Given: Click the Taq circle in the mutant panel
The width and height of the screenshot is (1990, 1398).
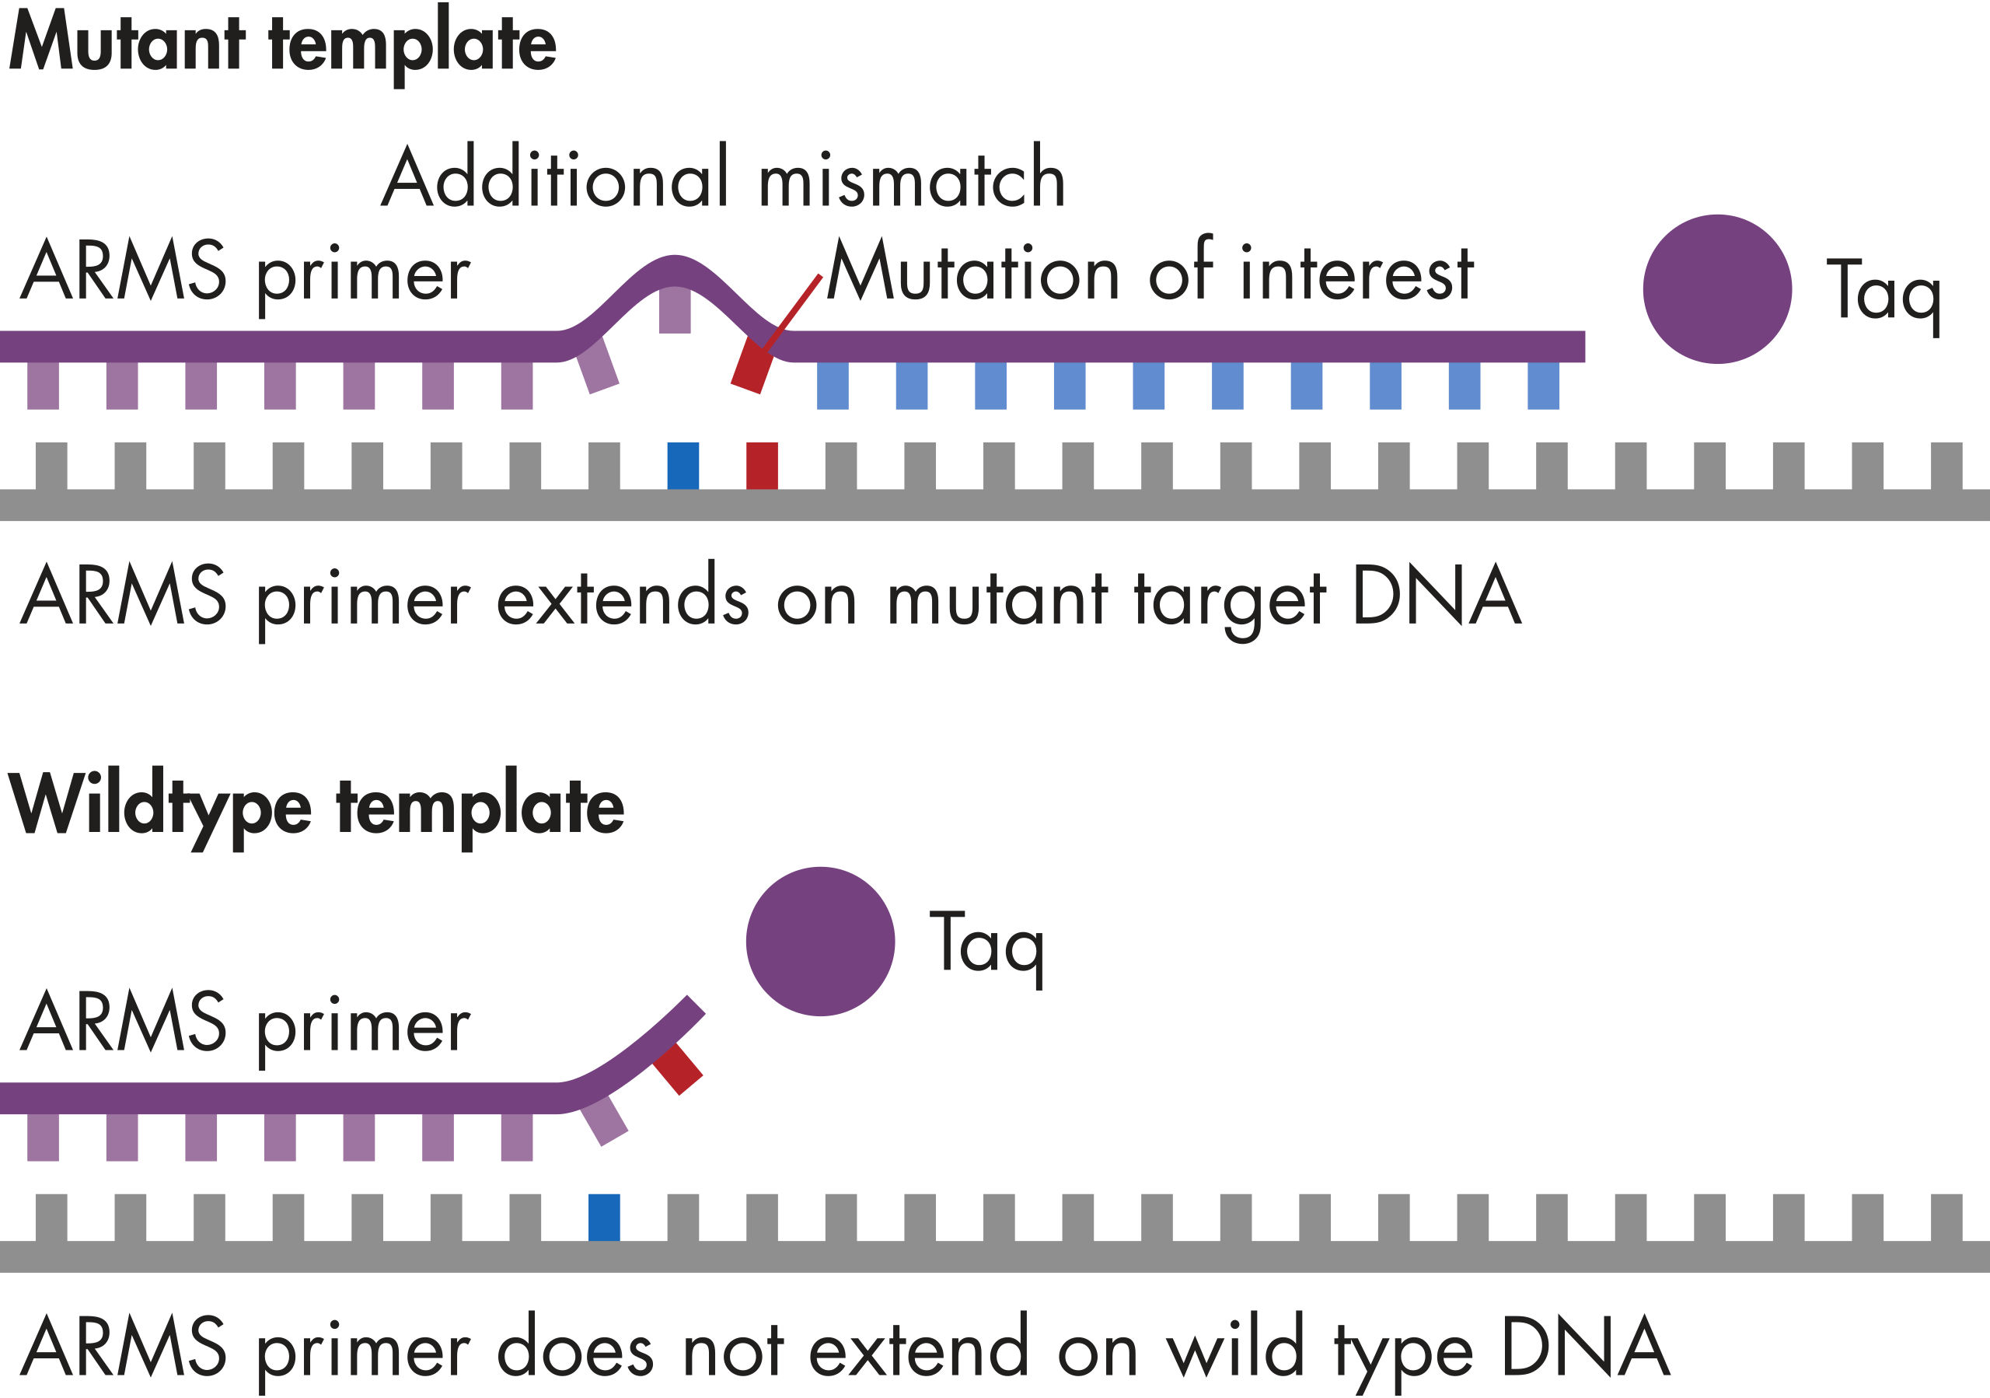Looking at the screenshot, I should (x=1717, y=288).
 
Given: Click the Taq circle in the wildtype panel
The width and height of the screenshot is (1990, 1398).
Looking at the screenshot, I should (x=820, y=942).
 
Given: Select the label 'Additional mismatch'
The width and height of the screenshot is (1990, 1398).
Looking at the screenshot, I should (x=724, y=178).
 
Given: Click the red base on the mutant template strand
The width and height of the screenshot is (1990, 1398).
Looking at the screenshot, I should (x=762, y=466).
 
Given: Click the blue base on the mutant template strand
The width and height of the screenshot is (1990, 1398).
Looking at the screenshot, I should (x=683, y=466).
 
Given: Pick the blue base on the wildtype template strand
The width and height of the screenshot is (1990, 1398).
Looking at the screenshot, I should (x=604, y=1217).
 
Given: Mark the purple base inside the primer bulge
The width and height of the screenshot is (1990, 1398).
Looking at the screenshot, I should (x=674, y=309).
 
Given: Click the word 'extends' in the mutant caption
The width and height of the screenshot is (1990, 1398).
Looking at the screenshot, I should (x=623, y=598).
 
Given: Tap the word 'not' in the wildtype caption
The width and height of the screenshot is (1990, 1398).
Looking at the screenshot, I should (x=733, y=1350).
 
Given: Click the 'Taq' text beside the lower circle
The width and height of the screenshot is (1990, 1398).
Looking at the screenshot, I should (x=986, y=945).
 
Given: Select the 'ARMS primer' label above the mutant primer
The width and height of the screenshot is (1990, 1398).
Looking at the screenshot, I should (x=246, y=273).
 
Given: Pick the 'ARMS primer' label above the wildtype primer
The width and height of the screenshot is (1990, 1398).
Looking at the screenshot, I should (x=246, y=1025).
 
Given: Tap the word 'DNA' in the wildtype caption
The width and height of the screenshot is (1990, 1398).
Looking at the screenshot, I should (x=1584, y=1347).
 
